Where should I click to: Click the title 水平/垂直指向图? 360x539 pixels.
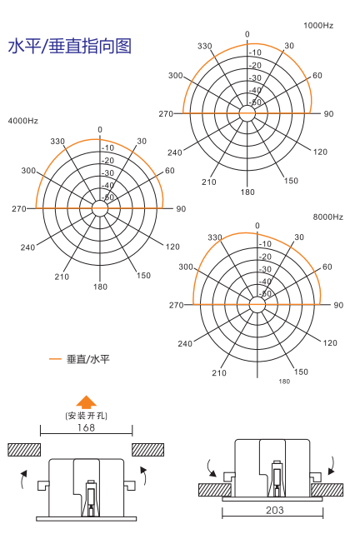pos(69,46)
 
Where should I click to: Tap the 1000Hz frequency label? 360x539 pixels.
pos(318,26)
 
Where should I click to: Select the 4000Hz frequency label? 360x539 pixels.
pos(23,121)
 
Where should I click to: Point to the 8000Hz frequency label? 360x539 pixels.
pos(327,217)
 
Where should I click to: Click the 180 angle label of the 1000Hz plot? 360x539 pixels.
pos(247,192)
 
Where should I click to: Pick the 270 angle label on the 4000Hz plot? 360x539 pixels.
pos(19,209)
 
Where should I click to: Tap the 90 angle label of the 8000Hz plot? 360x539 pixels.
pos(338,305)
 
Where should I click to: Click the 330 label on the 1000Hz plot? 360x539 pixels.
pos(205,46)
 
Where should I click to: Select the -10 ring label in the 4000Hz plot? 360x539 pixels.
pos(107,147)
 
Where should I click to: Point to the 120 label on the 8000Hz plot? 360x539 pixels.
pos(330,342)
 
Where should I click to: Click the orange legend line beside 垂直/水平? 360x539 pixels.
pos(55,359)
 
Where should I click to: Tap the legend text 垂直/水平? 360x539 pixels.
pos(88,359)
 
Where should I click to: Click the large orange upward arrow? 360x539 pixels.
pos(86,402)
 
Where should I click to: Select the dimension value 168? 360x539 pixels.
pos(86,427)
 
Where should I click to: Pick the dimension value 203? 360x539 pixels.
pos(275,510)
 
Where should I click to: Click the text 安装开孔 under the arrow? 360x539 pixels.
pos(86,416)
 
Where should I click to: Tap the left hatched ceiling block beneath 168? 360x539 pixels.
pos(24,450)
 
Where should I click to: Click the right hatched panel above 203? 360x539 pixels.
pos(327,490)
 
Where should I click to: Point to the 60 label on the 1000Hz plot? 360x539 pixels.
pos(317,76)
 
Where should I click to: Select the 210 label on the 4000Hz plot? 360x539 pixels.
pos(62,277)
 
